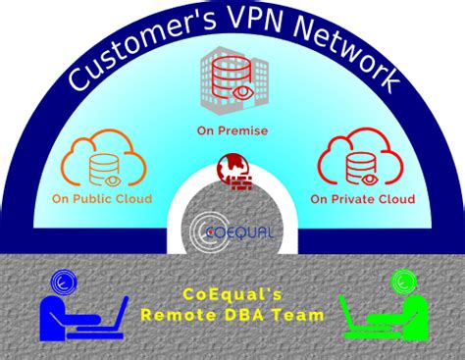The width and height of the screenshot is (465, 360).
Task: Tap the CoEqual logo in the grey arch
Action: [232, 231]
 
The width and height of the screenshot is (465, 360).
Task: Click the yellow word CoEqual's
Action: [232, 293]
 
